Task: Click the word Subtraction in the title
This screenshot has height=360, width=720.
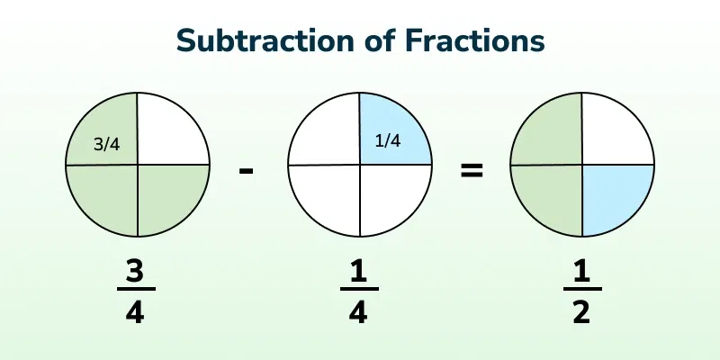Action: (x=265, y=40)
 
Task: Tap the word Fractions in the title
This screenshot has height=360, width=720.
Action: (x=475, y=40)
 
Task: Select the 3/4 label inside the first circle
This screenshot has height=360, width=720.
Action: (x=106, y=145)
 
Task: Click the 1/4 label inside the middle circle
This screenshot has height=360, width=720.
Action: (x=388, y=141)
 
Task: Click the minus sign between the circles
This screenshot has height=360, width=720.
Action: (x=246, y=172)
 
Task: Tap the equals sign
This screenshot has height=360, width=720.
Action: (x=472, y=171)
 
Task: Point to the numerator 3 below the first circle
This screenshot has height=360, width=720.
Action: (x=134, y=273)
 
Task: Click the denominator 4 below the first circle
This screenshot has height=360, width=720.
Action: (x=135, y=313)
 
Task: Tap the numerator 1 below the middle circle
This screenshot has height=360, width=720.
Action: (x=358, y=273)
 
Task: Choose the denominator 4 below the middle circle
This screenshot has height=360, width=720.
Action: (x=358, y=313)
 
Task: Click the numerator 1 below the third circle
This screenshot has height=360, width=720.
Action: (x=581, y=273)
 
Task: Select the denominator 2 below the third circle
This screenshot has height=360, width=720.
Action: (x=581, y=313)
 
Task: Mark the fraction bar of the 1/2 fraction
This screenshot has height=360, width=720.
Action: (x=582, y=289)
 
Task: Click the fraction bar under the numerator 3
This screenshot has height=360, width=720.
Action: (x=136, y=289)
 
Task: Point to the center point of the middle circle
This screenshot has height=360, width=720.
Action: (x=360, y=165)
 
